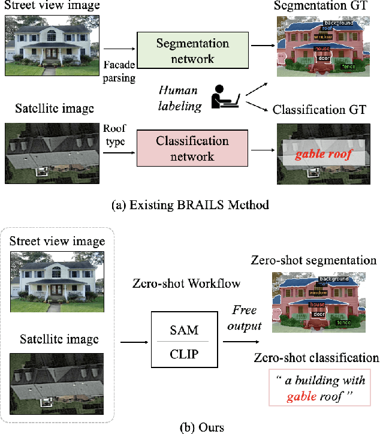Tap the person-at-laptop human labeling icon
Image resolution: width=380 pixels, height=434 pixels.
226,95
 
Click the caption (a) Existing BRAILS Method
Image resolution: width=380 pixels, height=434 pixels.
190,204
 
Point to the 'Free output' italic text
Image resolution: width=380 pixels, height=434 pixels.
244,318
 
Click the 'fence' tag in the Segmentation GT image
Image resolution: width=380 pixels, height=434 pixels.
348,67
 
